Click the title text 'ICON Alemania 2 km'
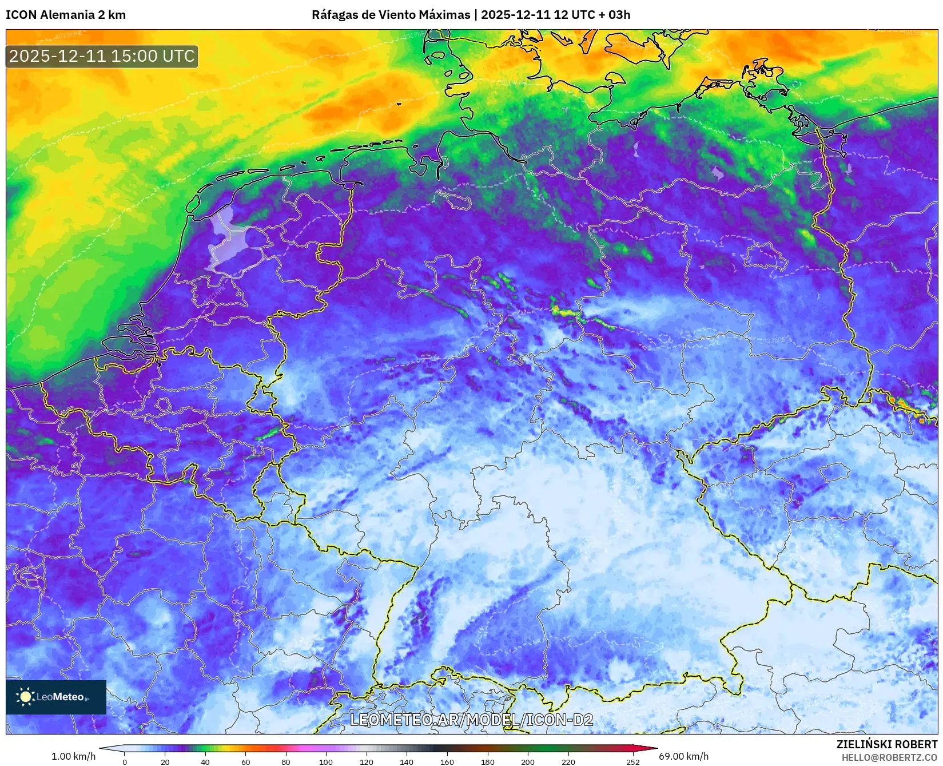(66, 15)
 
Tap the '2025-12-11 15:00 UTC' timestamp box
(102, 56)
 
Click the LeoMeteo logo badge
(56, 697)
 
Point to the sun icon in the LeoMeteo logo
(25, 696)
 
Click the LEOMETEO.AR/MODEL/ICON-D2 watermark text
(471, 720)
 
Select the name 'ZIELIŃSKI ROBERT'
(887, 744)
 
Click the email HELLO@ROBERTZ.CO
(889, 757)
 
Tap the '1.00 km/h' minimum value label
(74, 756)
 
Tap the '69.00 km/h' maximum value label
(683, 756)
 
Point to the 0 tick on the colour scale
(125, 761)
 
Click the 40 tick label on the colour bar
(205, 761)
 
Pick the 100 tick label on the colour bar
(326, 761)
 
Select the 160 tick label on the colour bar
(447, 761)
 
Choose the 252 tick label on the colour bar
(632, 761)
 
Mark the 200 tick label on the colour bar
(528, 761)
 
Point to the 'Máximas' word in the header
(445, 15)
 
